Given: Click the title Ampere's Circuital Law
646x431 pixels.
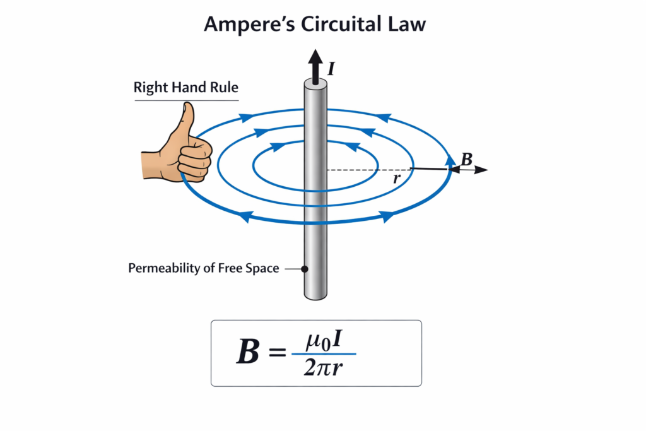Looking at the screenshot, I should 315,25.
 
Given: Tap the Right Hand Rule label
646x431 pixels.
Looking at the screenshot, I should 185,88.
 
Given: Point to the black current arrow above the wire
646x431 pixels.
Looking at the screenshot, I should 315,63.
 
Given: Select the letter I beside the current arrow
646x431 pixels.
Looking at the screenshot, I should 331,65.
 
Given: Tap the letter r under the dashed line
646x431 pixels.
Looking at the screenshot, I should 396,179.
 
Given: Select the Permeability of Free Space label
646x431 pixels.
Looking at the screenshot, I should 204,268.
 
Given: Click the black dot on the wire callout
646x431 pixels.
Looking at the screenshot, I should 305,269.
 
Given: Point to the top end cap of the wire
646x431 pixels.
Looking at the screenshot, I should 315,83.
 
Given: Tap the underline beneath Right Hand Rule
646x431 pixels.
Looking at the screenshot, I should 185,100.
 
